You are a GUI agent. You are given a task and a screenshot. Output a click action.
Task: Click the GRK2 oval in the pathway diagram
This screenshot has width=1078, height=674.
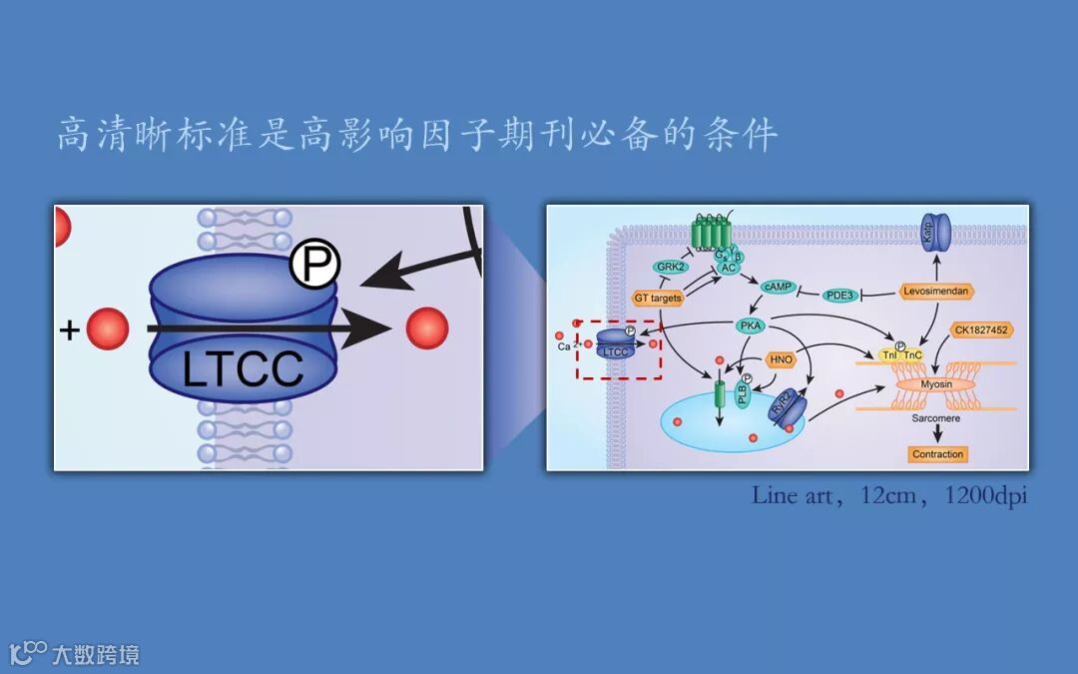668,267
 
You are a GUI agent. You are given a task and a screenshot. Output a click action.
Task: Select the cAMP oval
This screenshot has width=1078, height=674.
777,287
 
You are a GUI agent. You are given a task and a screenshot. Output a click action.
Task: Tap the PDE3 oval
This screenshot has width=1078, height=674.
838,295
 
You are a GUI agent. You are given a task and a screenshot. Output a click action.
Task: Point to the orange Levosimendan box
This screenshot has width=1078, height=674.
935,291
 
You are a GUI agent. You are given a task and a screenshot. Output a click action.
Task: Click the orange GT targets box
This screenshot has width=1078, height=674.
658,298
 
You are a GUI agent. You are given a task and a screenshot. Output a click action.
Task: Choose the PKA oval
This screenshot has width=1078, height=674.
751,326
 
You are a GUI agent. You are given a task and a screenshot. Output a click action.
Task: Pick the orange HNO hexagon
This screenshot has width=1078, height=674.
780,358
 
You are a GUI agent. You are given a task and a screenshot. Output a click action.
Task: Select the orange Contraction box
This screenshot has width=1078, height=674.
937,454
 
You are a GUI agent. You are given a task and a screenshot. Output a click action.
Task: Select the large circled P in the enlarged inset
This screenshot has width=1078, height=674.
314,265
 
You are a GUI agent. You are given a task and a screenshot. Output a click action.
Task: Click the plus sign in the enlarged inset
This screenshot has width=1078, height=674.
69,329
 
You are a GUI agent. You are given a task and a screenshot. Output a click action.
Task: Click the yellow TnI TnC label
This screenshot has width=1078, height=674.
899,354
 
